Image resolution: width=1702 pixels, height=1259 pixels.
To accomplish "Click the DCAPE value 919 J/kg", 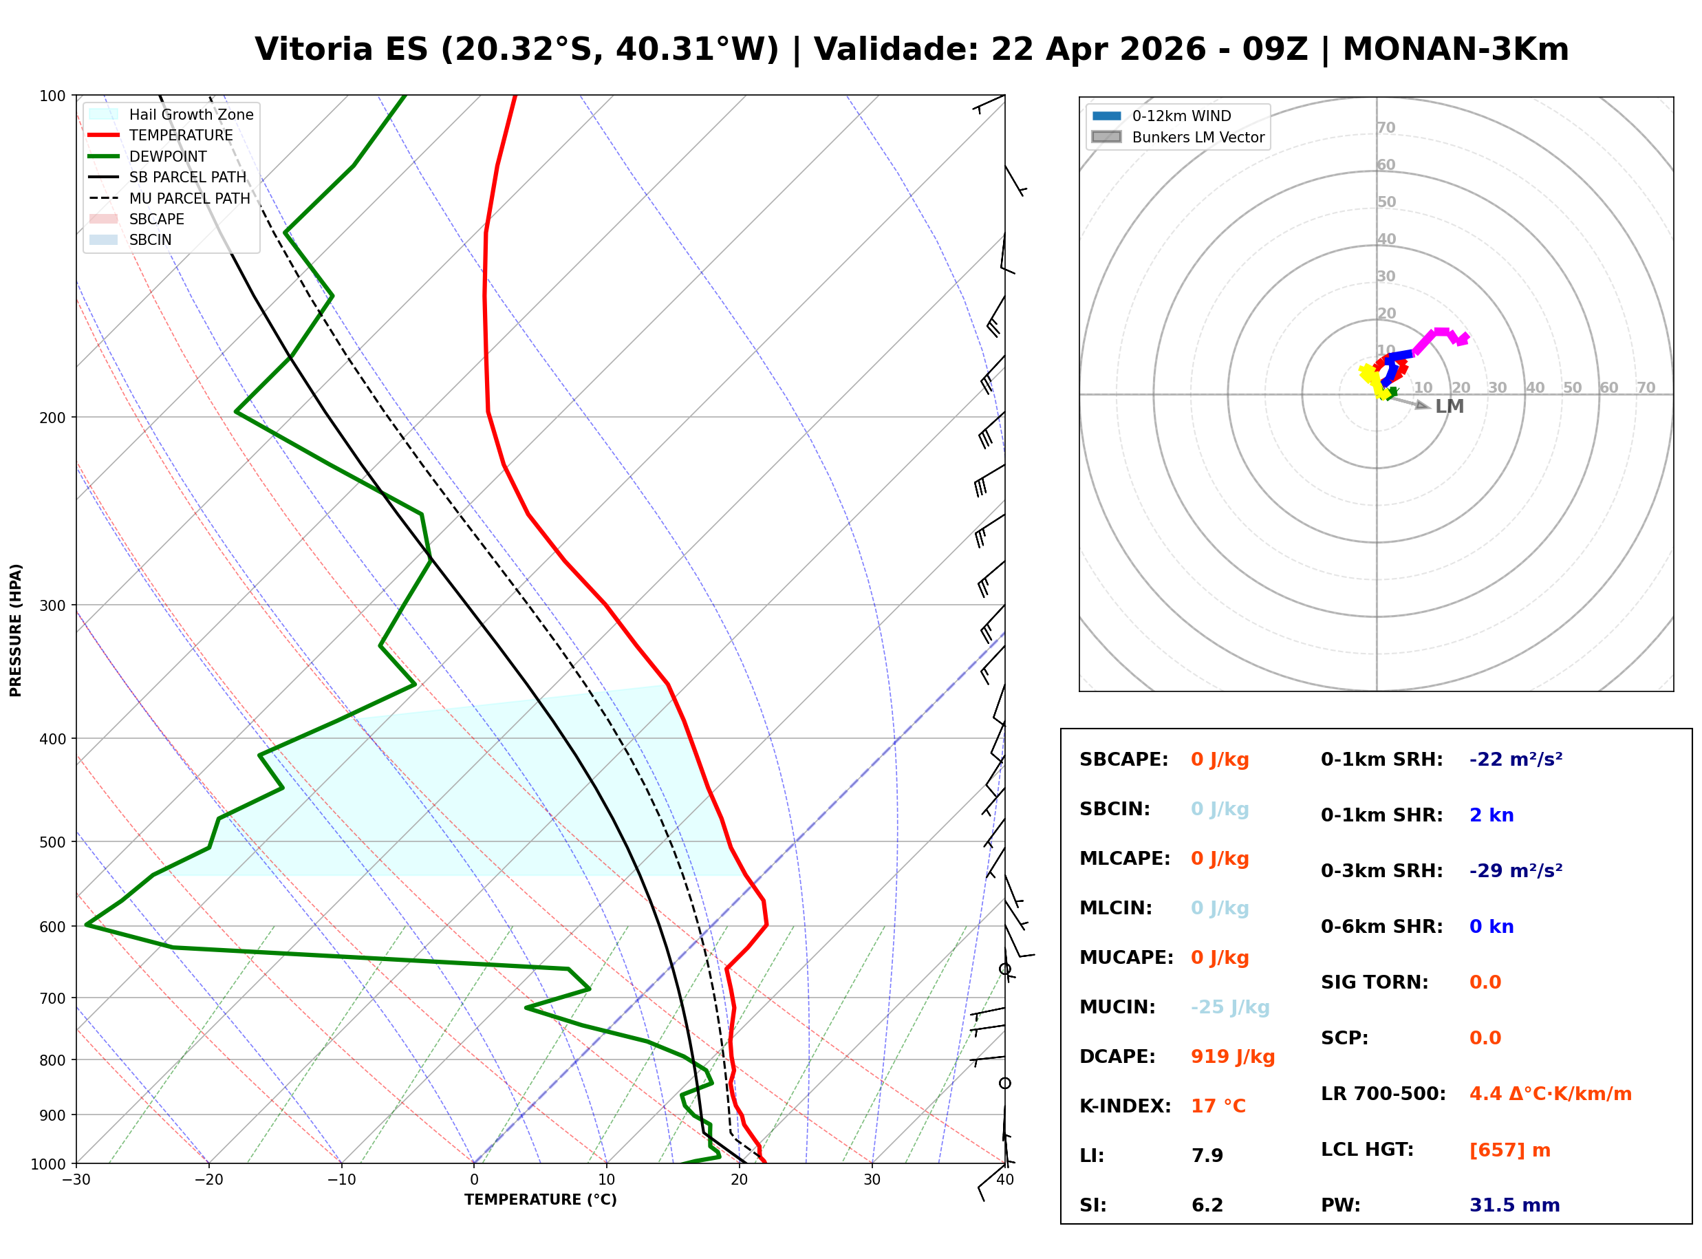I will point(1232,1057).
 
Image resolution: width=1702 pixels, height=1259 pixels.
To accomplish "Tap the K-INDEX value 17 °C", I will point(1218,1106).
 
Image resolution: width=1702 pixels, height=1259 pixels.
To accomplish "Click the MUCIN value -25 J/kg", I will point(1229,1007).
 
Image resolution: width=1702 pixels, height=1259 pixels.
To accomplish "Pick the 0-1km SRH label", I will point(1381,760).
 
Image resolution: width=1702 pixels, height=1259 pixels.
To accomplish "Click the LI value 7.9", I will point(1207,1156).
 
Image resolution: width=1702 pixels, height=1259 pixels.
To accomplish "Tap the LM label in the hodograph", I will point(1449,407).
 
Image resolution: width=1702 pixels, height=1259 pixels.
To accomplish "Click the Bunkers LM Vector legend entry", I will point(1198,137).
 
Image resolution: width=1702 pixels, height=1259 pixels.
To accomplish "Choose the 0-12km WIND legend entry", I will point(1181,116).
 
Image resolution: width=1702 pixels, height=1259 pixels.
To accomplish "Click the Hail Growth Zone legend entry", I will point(191,114).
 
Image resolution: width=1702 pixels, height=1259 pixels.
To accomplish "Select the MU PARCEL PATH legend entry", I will point(189,198).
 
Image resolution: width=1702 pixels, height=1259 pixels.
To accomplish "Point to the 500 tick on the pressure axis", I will point(52,842).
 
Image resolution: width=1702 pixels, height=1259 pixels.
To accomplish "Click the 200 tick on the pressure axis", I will point(52,418).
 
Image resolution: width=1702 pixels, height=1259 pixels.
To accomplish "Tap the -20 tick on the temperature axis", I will point(208,1180).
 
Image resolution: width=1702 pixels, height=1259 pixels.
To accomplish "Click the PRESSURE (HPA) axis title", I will point(16,630).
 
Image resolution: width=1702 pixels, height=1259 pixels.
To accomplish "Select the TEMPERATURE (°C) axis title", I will point(540,1200).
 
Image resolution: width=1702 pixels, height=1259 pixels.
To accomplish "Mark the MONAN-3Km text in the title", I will point(1455,50).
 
